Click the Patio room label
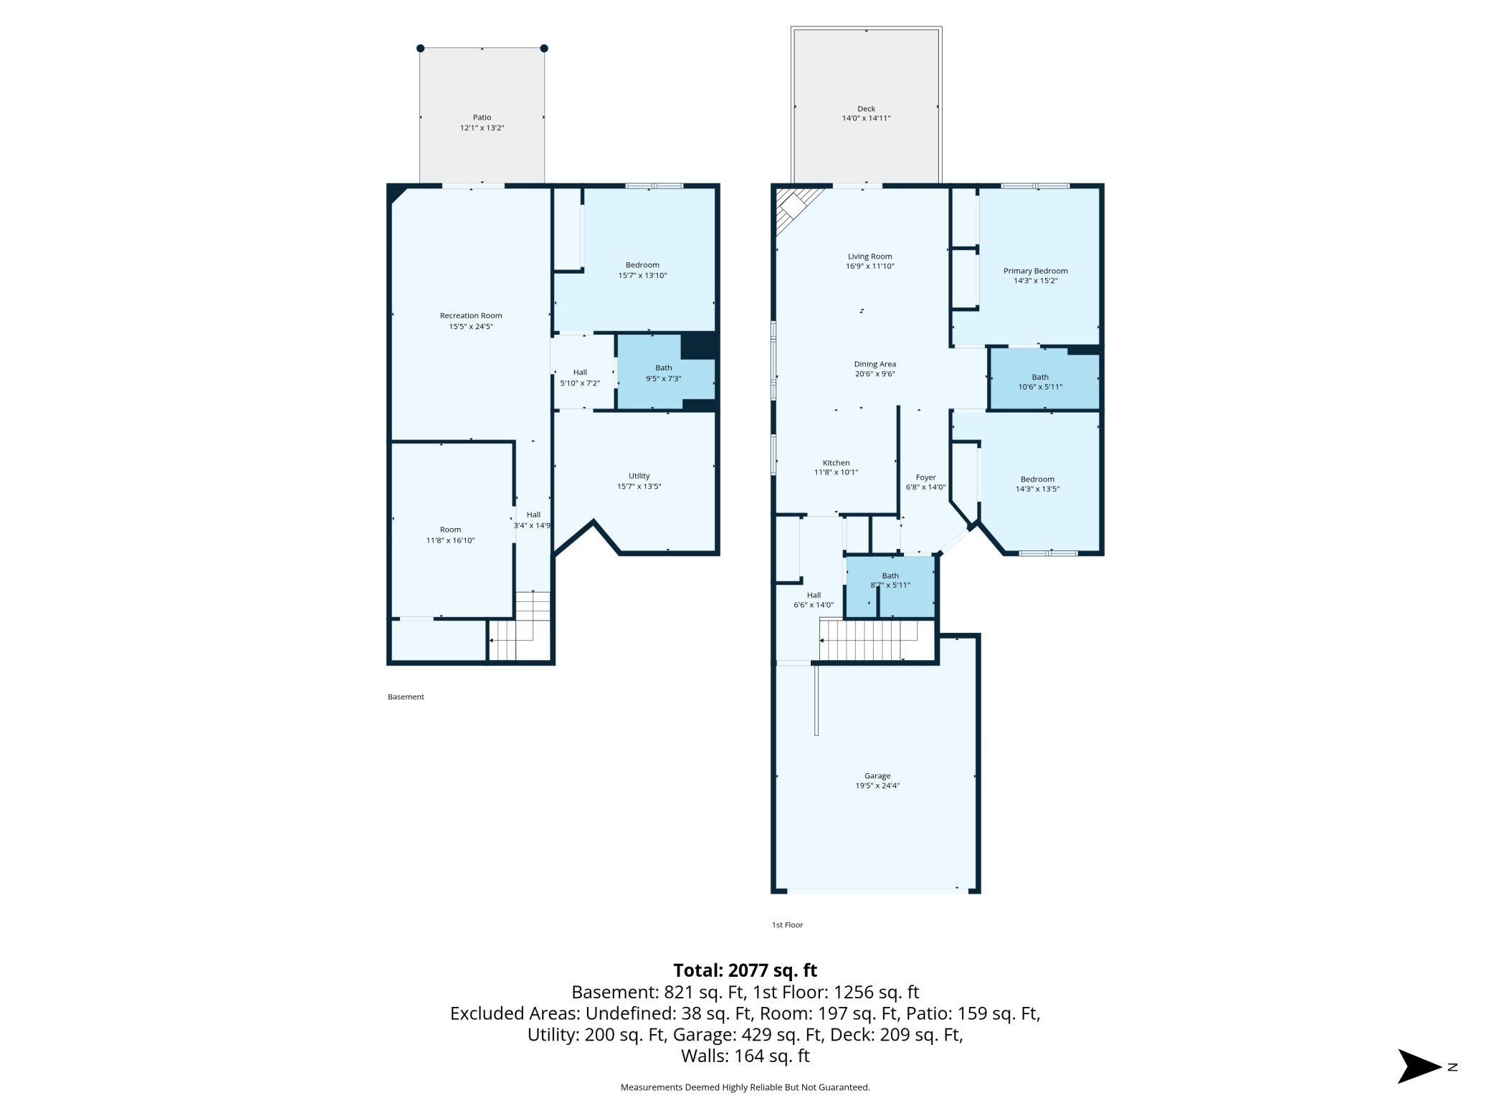pyautogui.click(x=482, y=118)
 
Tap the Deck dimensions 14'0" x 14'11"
pyautogui.click(x=866, y=119)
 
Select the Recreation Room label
pyautogui.click(x=471, y=316)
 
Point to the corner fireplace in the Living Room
pyautogui.click(x=795, y=208)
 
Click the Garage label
pyautogui.click(x=877, y=776)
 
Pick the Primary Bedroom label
pyautogui.click(x=1035, y=271)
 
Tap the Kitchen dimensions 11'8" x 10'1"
pyautogui.click(x=836, y=473)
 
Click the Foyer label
pyautogui.click(x=925, y=477)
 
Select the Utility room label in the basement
pyautogui.click(x=639, y=476)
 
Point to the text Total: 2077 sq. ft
pyautogui.click(x=745, y=970)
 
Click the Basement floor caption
pyautogui.click(x=406, y=697)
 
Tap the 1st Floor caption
pyautogui.click(x=787, y=924)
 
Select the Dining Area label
pyautogui.click(x=875, y=364)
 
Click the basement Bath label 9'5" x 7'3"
pyautogui.click(x=663, y=368)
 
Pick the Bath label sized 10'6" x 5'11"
pyautogui.click(x=1039, y=377)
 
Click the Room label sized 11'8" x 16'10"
pyautogui.click(x=450, y=530)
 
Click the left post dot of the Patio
pyautogui.click(x=421, y=49)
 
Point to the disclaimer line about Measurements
pyautogui.click(x=745, y=1087)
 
